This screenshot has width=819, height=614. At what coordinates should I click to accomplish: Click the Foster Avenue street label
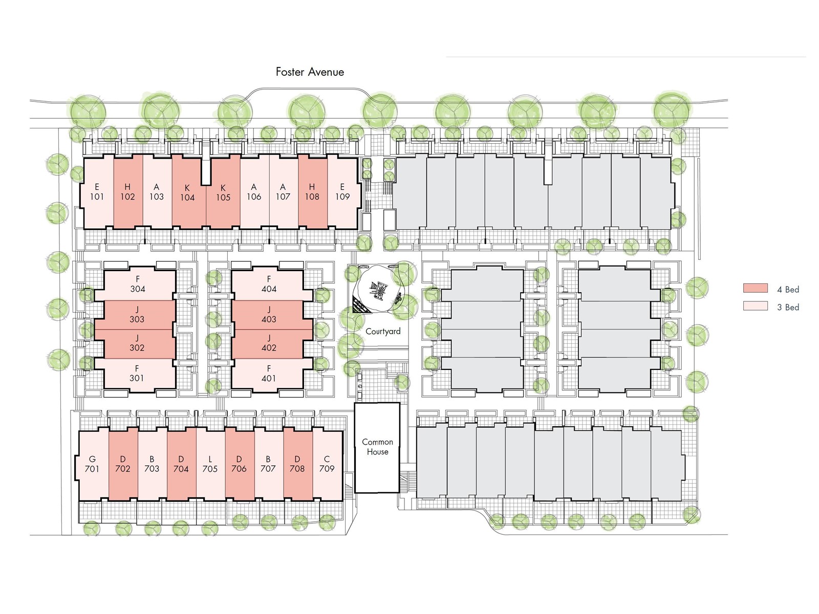[310, 72]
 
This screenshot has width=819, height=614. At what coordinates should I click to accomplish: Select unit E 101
[97, 192]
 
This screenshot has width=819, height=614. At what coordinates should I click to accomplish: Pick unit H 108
[312, 192]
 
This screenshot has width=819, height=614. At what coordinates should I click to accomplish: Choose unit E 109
[342, 192]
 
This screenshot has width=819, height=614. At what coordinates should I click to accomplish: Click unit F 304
[138, 284]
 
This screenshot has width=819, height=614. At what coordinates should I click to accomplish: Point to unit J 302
[137, 343]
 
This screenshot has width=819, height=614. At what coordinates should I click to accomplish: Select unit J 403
[269, 315]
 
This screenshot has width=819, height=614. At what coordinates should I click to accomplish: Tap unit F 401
[269, 374]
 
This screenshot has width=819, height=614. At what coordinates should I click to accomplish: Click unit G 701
[92, 464]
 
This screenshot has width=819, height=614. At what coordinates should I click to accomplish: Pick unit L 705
[210, 464]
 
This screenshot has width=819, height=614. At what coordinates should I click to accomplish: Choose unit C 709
[327, 464]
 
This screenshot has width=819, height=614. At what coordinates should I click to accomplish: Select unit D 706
[239, 464]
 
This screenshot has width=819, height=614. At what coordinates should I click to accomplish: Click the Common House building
[377, 447]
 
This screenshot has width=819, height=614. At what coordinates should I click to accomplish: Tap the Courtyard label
[383, 332]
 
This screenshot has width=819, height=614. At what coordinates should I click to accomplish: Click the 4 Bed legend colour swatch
[755, 289]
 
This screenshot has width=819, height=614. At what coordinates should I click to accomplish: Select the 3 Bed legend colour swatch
[755, 306]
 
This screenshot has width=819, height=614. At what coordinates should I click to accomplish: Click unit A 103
[157, 192]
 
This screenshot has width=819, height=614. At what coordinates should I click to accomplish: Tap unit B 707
[268, 464]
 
